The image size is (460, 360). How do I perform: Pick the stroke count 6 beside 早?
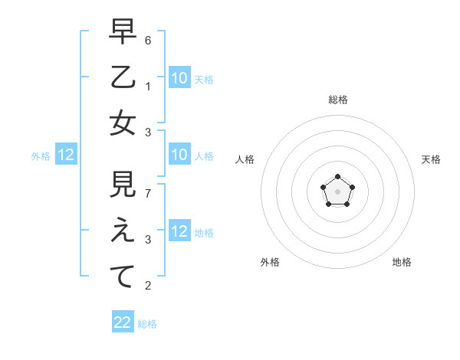point(148,39)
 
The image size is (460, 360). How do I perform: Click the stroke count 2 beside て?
point(148,286)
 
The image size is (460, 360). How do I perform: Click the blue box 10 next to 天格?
point(179,77)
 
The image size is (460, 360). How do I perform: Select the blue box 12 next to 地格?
point(179,231)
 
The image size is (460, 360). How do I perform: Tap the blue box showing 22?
point(123,322)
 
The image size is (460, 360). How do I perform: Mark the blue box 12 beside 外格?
point(66,155)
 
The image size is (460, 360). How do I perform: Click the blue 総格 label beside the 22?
point(147,324)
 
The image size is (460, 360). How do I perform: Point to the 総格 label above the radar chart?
point(337,100)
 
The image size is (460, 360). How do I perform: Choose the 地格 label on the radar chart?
point(402,262)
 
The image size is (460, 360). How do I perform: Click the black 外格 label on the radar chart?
point(270,262)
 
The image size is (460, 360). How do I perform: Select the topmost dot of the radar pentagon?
point(337,177)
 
